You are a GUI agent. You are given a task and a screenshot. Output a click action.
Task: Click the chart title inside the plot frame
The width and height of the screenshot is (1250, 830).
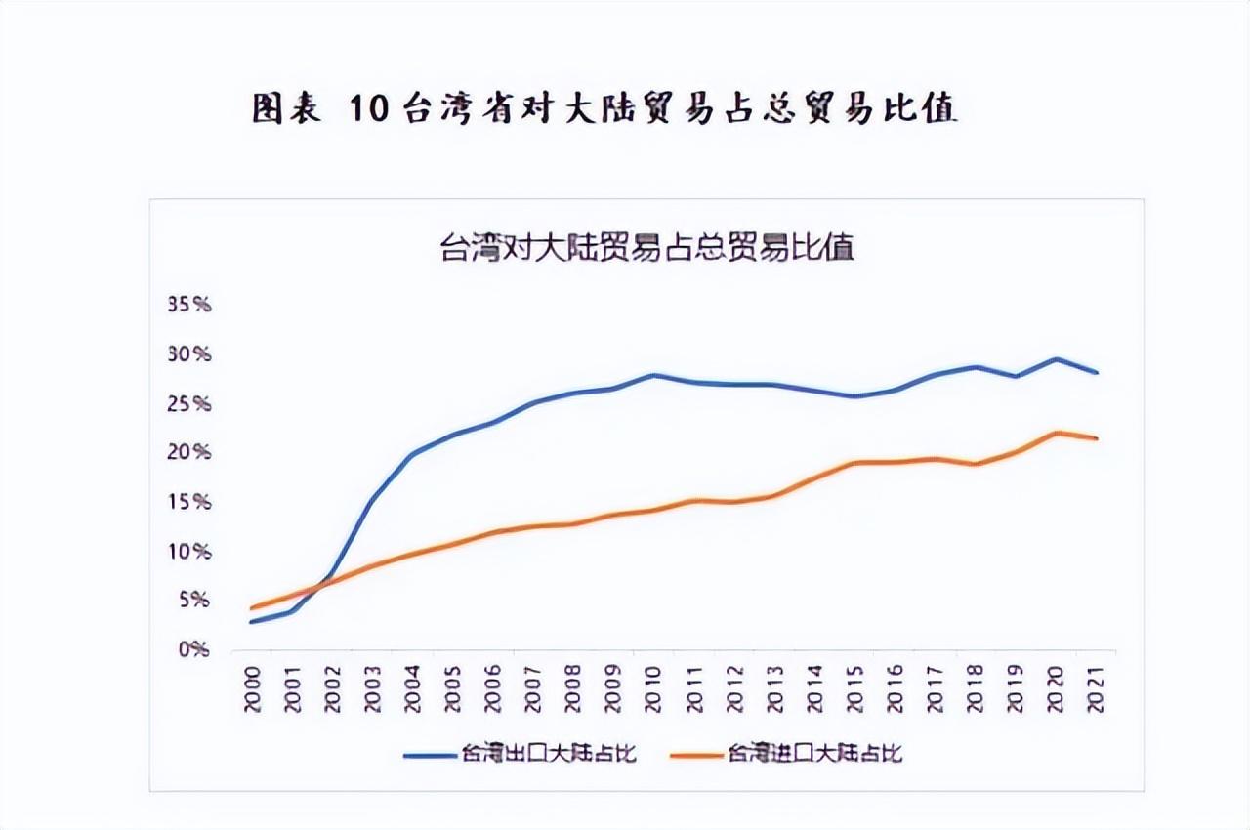coord(647,247)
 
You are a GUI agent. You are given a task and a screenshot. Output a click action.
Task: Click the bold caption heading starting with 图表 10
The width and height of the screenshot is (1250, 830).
coord(604,109)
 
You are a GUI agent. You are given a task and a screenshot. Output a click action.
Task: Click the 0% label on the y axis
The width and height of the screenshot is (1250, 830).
coord(192,649)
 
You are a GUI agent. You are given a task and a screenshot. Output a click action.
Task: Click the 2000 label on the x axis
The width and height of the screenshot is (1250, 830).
coord(253,688)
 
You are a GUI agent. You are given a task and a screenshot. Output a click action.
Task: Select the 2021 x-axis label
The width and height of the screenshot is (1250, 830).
coord(1096,688)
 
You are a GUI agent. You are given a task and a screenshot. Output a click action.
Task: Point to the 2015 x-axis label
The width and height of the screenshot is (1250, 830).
coord(854,688)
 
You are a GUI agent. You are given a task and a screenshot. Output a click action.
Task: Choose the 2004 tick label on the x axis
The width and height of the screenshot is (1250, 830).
coord(413,688)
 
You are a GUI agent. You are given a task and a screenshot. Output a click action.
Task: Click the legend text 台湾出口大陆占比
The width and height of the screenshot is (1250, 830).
coord(549,753)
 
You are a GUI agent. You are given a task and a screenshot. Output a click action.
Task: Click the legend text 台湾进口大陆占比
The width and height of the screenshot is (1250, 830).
coord(813,753)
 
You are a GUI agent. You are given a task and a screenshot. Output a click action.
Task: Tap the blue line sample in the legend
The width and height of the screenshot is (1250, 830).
coord(429,753)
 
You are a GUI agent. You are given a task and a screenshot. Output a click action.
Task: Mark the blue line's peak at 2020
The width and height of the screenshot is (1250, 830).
coord(1056,358)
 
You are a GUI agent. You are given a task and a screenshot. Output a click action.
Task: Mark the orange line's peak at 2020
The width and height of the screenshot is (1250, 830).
coord(1056,433)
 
